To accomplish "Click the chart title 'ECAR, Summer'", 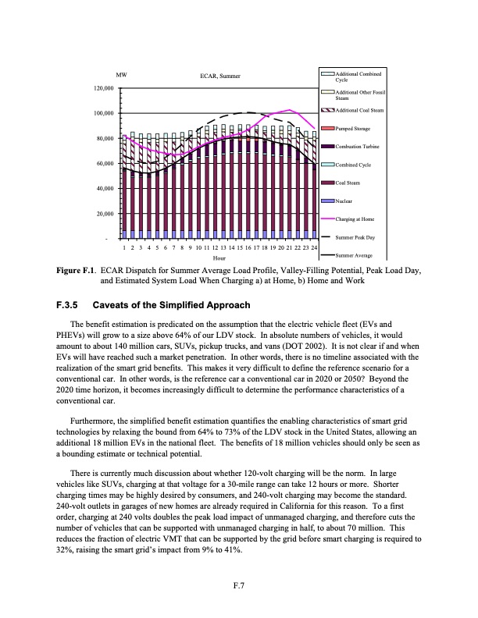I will pos(219,76).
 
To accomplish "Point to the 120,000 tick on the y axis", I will pos(103,89).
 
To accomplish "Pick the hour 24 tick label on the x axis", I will pos(313,247).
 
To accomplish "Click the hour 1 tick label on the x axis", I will pos(124,247).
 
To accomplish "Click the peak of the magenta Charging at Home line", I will pos(290,110).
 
